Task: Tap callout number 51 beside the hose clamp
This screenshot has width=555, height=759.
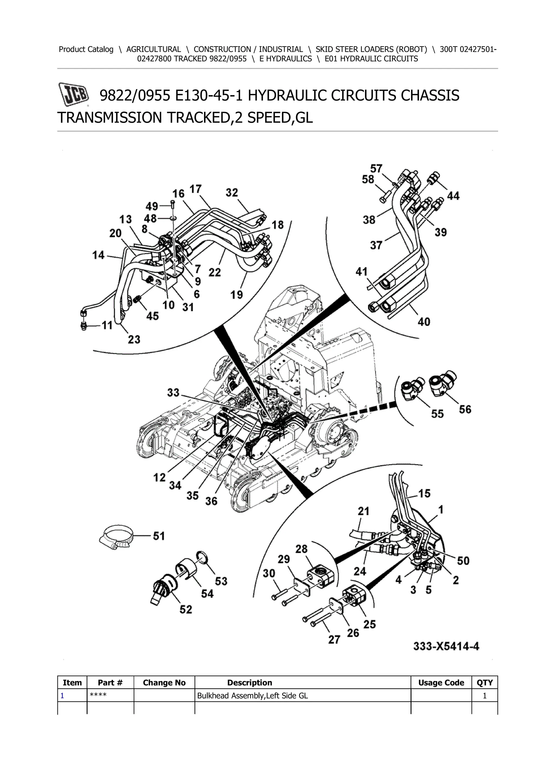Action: click(x=159, y=536)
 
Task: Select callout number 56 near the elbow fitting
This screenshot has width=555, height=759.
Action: click(x=465, y=409)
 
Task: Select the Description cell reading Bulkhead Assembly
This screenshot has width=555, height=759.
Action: click(x=252, y=696)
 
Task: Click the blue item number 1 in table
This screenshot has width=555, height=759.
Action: click(x=62, y=696)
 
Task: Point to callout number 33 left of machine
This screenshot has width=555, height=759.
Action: click(x=173, y=393)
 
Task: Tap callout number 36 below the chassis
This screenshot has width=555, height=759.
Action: click(x=211, y=501)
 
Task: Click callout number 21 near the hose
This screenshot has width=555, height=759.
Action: click(x=363, y=511)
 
